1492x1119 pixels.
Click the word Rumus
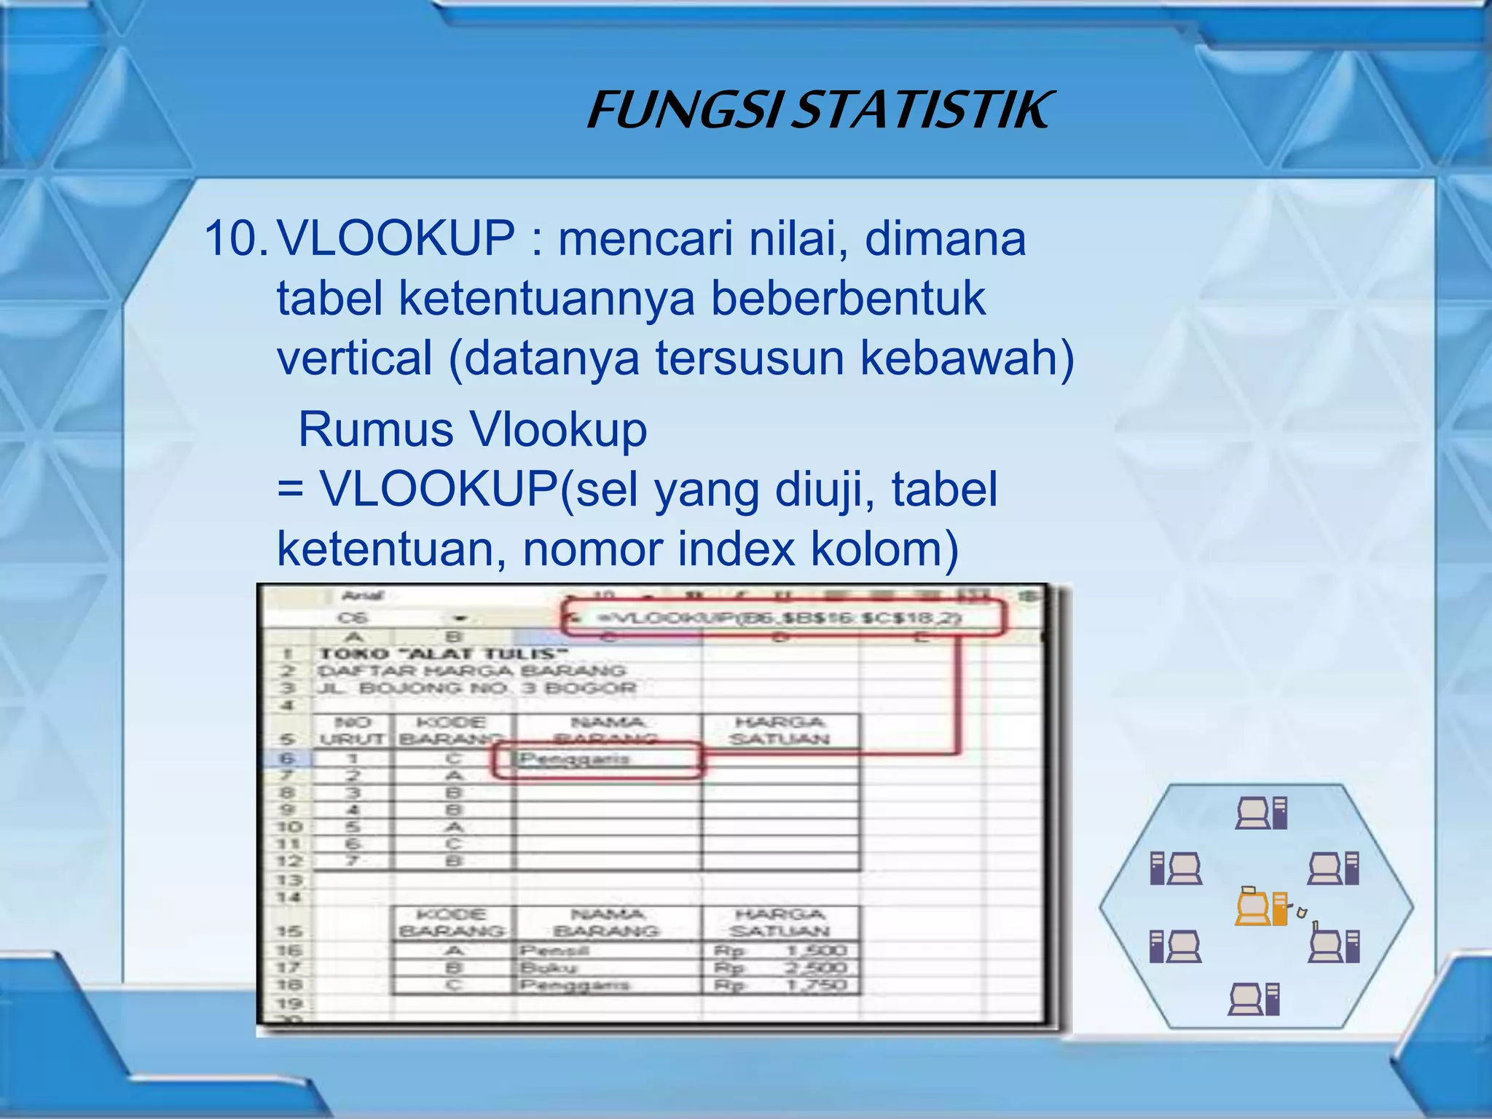376,429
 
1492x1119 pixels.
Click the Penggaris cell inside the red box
576,759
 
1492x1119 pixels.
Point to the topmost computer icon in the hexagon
1261,813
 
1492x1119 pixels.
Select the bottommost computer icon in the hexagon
1254,999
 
